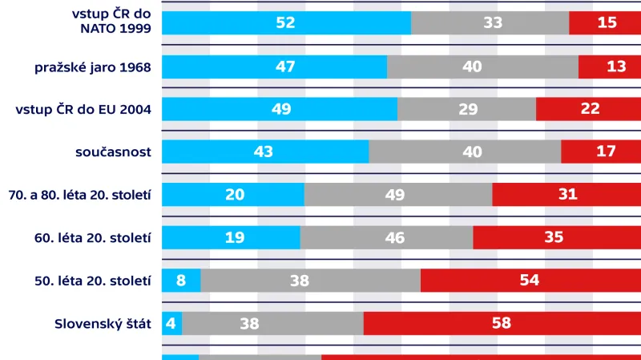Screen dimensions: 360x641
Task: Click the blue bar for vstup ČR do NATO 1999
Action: (286, 22)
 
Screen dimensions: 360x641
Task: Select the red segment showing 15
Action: (605, 22)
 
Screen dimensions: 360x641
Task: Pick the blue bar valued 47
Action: (274, 67)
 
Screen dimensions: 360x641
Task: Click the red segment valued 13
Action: (610, 67)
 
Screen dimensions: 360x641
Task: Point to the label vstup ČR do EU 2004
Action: (84, 109)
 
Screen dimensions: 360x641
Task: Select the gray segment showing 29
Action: (466, 109)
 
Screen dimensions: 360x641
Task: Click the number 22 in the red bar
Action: (590, 109)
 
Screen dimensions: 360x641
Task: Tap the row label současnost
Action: (113, 152)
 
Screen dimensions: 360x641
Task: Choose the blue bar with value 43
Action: (264, 152)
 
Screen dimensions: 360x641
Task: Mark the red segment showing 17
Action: (601, 152)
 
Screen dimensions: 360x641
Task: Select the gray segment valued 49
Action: (398, 195)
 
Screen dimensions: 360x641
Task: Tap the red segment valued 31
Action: (566, 195)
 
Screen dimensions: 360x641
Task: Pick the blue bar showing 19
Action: (231, 237)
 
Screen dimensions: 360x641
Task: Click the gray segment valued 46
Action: (386, 237)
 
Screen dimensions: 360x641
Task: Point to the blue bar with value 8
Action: (181, 281)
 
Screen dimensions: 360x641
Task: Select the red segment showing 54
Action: (530, 281)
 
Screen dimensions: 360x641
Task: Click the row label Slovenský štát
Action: (103, 324)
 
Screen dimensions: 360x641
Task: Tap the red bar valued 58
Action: (502, 324)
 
